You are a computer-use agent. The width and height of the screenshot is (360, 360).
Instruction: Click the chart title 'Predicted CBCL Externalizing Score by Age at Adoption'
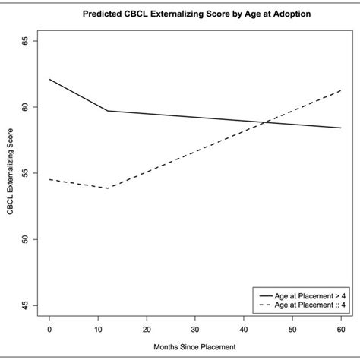click(194, 14)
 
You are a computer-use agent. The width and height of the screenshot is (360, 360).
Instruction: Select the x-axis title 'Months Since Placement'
click(194, 348)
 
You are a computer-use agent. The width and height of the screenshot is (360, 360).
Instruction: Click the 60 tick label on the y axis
click(24, 107)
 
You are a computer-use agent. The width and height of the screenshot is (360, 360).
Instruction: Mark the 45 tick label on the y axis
click(24, 305)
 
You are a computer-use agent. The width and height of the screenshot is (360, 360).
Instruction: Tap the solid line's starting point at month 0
click(49, 79)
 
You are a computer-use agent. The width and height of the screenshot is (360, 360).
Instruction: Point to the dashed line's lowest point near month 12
click(107, 188)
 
